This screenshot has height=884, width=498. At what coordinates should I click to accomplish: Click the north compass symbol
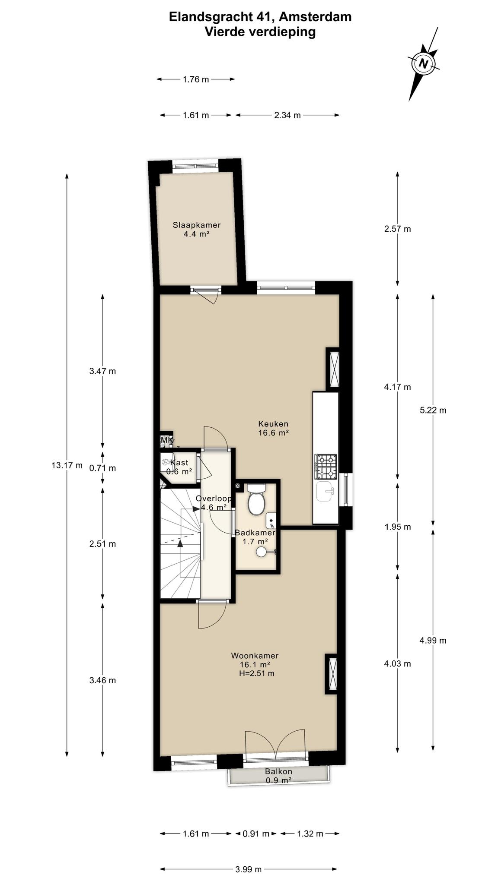424,64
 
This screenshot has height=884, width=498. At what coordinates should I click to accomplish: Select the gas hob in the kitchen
326,467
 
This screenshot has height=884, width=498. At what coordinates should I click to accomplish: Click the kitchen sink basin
325,492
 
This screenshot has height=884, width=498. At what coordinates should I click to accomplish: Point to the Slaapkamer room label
197,225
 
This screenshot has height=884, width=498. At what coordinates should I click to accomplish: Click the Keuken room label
273,423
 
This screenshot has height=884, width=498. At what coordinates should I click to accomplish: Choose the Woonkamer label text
255,655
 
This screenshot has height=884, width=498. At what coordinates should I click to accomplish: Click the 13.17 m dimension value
67,465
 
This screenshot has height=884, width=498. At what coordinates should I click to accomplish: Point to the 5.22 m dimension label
433,410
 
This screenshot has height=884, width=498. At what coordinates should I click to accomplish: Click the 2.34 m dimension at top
287,115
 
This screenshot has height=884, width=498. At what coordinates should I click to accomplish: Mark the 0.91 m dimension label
256,833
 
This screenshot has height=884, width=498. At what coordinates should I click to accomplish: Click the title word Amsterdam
315,17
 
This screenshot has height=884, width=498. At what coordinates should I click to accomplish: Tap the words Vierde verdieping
260,32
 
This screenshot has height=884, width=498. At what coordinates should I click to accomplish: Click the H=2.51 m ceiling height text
256,673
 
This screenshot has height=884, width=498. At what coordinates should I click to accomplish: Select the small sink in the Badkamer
271,521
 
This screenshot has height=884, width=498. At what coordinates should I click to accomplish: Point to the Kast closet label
179,463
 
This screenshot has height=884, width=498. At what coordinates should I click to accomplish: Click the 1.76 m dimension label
196,79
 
